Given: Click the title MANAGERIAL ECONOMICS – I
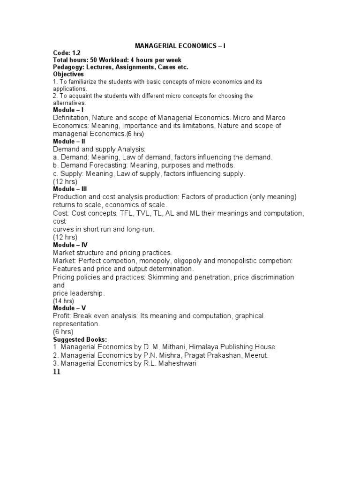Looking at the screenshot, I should tap(180, 46).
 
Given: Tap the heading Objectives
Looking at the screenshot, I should tap(68, 74).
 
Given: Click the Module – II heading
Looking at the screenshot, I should tap(69, 141).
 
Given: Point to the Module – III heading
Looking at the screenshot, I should tap(70, 189).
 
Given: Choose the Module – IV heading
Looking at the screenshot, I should tap(70, 245).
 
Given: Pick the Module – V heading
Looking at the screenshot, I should tap(69, 308).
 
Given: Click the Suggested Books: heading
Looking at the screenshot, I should tap(80, 339).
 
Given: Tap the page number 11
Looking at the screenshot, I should tap(57, 372).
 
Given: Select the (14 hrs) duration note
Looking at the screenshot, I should tap(64, 301).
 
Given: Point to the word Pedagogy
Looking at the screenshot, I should tap(68, 67).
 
